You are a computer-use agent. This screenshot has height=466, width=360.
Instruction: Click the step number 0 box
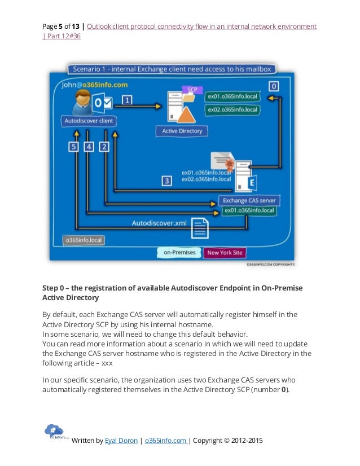pos(274,86)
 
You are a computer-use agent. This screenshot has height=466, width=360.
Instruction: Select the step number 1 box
pos(128,100)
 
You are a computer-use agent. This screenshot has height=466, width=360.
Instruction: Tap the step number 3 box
pos(166,181)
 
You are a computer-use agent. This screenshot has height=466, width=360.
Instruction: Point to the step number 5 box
pos(73,147)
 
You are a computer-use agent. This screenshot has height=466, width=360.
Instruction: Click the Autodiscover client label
pos(89,120)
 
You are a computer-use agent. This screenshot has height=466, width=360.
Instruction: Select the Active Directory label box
pos(182,131)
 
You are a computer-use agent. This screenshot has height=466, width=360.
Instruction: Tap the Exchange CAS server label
pos(249,200)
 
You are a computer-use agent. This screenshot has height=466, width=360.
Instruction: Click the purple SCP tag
pos(192,90)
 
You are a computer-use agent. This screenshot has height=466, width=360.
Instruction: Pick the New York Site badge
pos(225,252)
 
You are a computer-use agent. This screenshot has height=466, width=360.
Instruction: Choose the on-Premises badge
pos(179,252)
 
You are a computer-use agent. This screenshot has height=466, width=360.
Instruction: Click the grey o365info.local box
pos(83,239)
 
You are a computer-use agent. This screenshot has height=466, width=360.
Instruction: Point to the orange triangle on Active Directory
pos(186,115)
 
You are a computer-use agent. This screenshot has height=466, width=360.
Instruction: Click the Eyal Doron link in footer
pos(121,440)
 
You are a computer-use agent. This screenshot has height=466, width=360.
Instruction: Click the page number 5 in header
pos(60,27)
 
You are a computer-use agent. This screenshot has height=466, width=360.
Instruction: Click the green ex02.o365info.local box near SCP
pos(231,109)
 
